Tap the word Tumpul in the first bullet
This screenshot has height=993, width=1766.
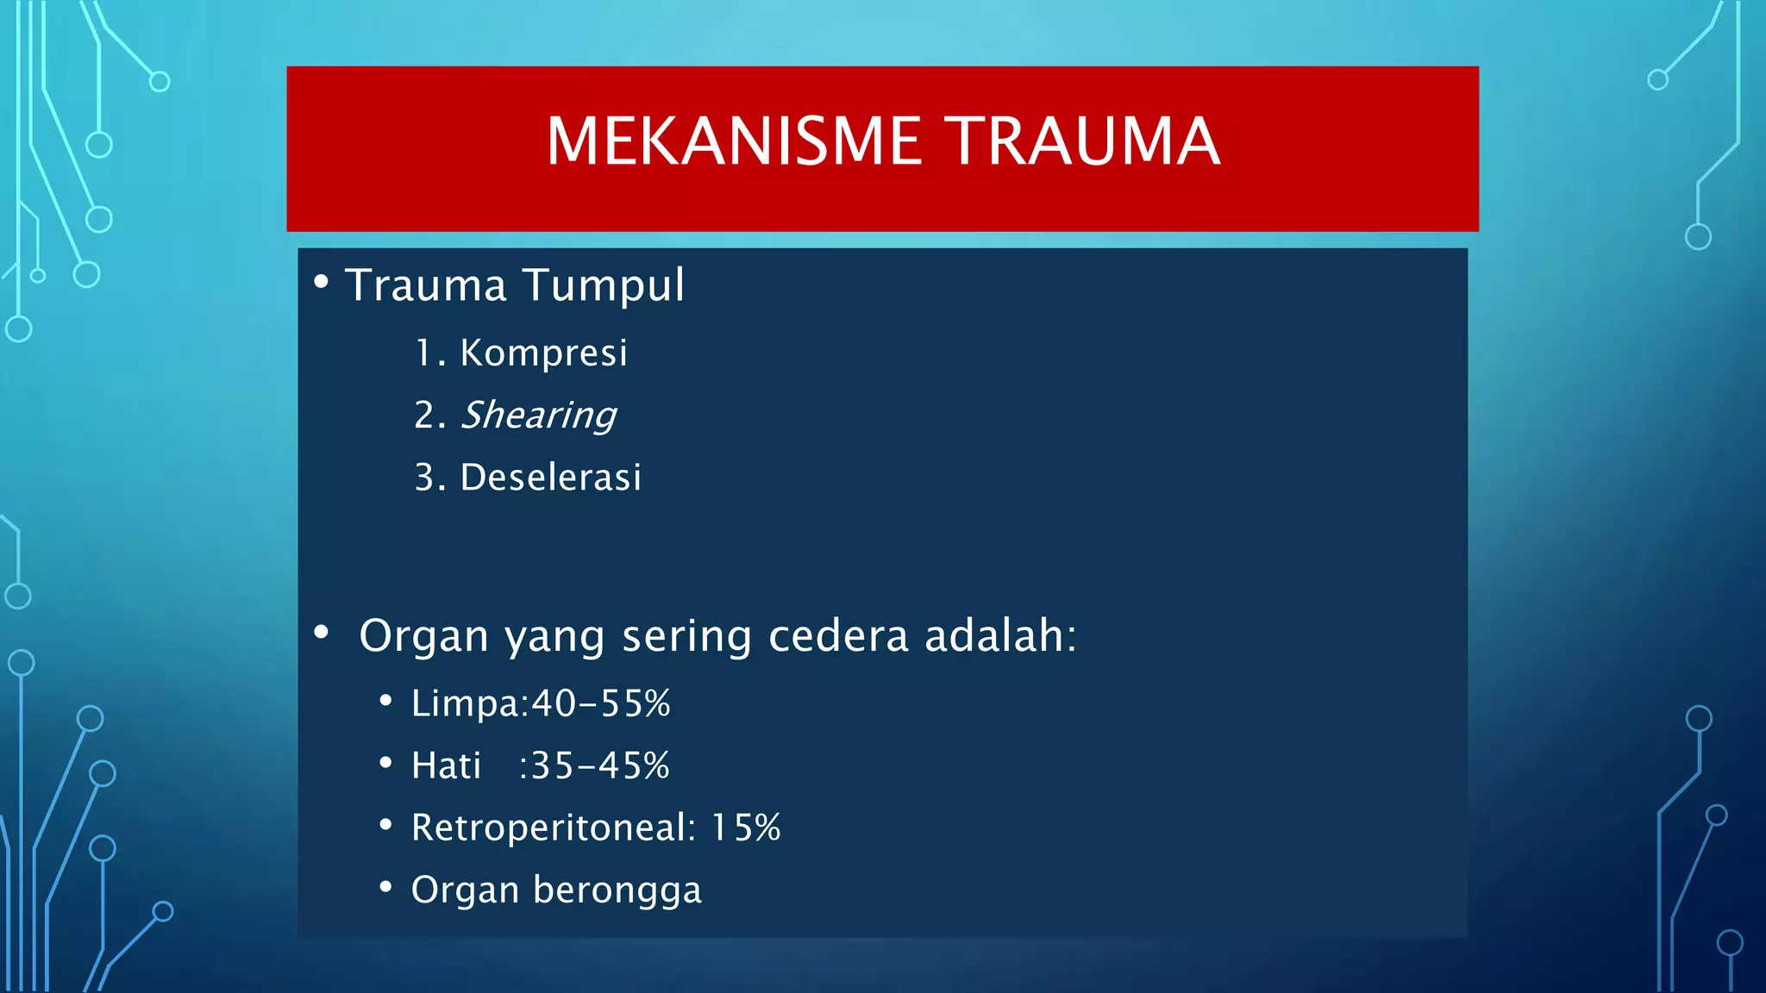point(603,285)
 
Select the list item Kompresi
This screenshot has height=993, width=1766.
point(543,353)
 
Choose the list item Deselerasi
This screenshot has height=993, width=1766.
point(550,478)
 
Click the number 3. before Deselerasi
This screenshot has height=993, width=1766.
point(429,478)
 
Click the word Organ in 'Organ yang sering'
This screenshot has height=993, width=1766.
point(423,637)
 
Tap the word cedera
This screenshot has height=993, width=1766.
point(837,636)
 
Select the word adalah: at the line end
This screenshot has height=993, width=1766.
point(1000,636)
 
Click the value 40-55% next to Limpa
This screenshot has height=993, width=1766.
point(600,703)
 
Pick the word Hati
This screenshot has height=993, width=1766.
point(446,765)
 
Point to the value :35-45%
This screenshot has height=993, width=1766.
point(594,765)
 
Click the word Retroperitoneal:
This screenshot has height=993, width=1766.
point(553,827)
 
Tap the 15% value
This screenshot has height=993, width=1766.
point(745,827)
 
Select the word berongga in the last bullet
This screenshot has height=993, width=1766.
point(617,890)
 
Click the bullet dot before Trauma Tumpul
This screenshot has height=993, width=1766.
point(322,282)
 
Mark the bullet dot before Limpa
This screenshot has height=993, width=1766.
point(385,701)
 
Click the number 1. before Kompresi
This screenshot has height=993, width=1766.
point(429,353)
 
